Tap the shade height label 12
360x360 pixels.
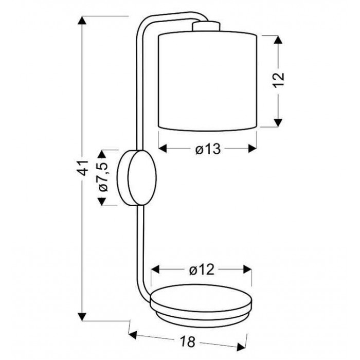tap(279, 80)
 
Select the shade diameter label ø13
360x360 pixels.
tap(208, 149)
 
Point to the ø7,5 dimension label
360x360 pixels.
tap(103, 177)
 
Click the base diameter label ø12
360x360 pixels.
tap(202, 270)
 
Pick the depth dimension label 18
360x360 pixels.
tap(187, 341)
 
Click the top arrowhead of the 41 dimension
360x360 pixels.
tap(82, 20)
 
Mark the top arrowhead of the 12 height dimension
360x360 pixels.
tap(278, 40)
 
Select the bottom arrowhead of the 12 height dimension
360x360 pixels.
tap(278, 122)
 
